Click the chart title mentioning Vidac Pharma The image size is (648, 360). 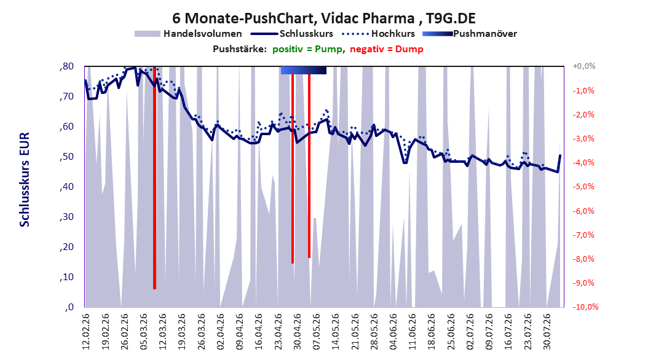click(324, 18)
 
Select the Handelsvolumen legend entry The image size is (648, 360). click(188, 34)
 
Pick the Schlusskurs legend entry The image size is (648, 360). click(292, 34)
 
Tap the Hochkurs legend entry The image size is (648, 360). click(379, 34)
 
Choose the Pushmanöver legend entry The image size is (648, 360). click(470, 34)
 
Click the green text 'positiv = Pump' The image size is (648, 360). click(307, 49)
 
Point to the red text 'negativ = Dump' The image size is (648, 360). click(387, 49)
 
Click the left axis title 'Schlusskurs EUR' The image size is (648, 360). click(25, 179)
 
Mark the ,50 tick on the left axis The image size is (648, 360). click(66, 157)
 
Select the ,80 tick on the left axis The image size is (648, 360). click(66, 66)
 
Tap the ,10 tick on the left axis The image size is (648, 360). click(66, 277)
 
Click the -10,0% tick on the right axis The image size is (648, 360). click(585, 307)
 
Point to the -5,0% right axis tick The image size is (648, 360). click(583, 187)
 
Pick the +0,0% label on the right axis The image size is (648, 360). click(584, 66)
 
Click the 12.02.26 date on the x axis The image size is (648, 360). click(86, 332)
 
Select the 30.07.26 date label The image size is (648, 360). click(547, 332)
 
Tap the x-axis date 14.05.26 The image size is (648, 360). click(336, 332)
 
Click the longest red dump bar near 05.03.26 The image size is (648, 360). click(154, 178)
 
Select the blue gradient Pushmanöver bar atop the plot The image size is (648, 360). click(303, 70)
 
